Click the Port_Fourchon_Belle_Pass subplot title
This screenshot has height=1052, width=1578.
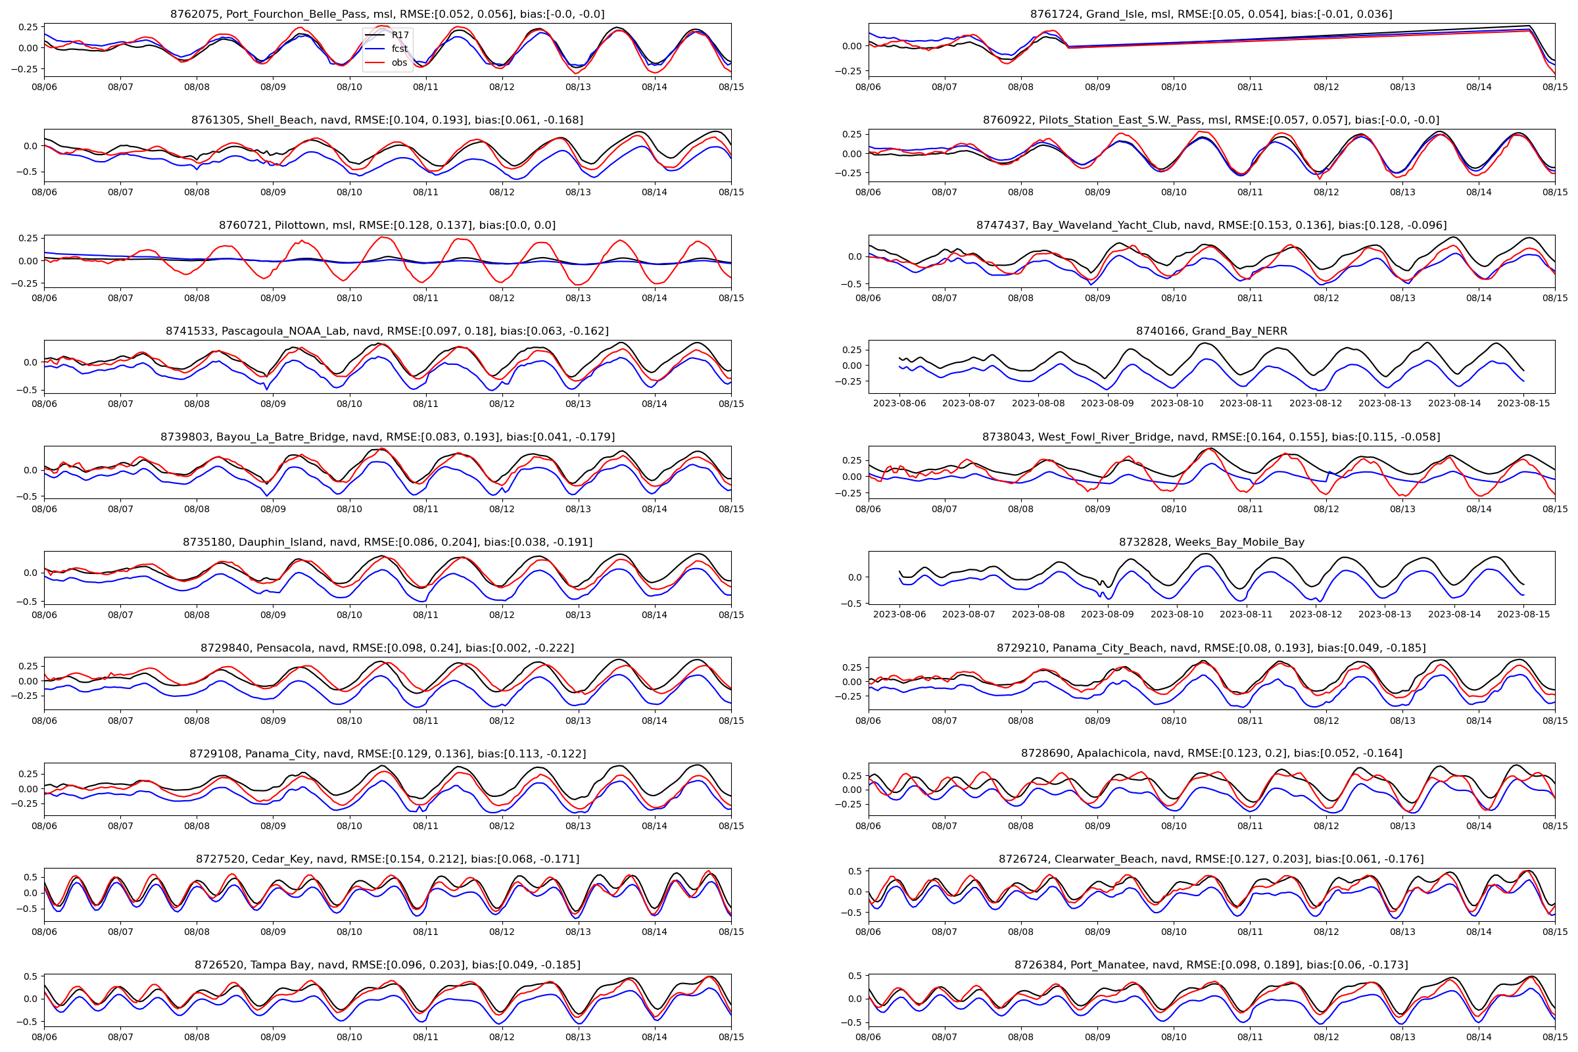click(387, 14)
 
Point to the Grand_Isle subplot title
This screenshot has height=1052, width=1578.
click(1211, 14)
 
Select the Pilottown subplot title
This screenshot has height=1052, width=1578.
click(387, 226)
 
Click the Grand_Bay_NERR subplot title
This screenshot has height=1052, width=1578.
click(1211, 331)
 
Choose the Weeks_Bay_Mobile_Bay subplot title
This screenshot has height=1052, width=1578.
click(1211, 542)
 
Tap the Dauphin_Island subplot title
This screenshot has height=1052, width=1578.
click(387, 542)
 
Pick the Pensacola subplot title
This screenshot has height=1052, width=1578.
click(387, 648)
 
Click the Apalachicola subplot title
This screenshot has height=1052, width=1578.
click(1211, 753)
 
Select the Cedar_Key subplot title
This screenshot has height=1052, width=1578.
click(387, 859)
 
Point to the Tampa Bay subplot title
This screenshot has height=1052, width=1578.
click(387, 965)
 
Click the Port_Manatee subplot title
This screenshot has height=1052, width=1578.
click(1211, 965)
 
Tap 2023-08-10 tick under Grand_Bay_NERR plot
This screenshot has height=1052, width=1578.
click(1177, 403)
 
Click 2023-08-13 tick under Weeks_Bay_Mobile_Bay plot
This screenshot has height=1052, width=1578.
click(1385, 615)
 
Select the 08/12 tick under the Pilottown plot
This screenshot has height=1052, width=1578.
click(502, 298)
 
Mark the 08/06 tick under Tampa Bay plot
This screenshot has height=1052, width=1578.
click(44, 1038)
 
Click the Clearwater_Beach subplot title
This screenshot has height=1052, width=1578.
click(1211, 859)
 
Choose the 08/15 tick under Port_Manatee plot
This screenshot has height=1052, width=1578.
click(1554, 1038)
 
